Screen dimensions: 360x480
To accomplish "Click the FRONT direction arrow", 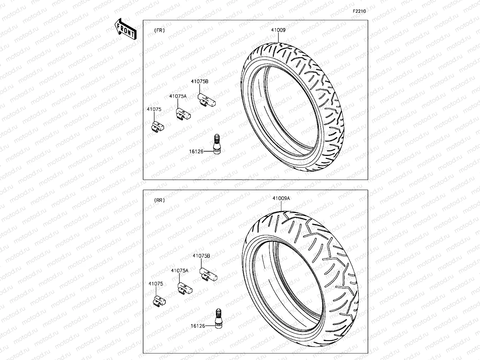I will [x=125, y=29].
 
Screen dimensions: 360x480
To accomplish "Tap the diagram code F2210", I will [x=359, y=11].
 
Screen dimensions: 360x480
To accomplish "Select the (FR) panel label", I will [x=159, y=30].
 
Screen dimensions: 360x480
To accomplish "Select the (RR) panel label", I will [x=159, y=200].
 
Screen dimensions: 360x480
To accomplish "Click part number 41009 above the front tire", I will [x=278, y=30].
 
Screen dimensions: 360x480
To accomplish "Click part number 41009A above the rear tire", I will [x=281, y=198].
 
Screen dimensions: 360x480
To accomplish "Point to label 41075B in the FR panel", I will [x=200, y=82].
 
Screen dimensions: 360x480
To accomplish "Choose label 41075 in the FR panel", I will [x=154, y=109].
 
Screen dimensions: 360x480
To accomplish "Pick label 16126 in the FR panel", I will [x=196, y=151].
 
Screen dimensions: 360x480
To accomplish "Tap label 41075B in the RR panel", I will [x=201, y=256].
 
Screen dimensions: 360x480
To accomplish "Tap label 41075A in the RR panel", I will [x=179, y=270].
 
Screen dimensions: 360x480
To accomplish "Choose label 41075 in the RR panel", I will [x=156, y=284].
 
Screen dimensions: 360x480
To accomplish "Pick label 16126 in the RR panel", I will [x=198, y=326].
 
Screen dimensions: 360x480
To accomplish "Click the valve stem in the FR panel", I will [x=217, y=143].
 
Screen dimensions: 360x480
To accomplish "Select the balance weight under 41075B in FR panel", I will [x=207, y=101].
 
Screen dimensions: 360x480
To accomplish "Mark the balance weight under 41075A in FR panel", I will [x=184, y=114].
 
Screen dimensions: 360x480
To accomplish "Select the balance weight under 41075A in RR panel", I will [x=185, y=288].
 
